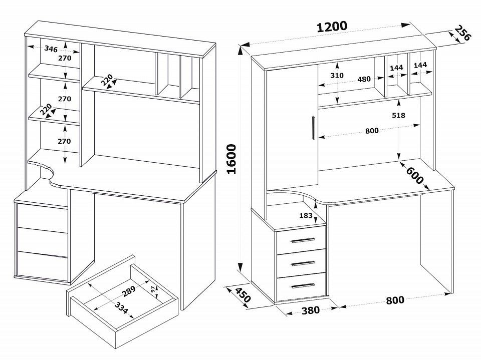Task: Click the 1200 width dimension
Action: (332, 27)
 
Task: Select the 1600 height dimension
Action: (231, 160)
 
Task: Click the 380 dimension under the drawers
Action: (311, 310)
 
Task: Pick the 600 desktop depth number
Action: (415, 175)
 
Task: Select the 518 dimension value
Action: (399, 116)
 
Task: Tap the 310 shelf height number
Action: (337, 76)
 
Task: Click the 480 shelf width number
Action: (364, 79)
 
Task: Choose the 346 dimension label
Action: (51, 49)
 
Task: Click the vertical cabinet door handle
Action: (313, 128)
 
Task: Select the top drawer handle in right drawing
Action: (302, 241)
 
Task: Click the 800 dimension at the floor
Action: (395, 300)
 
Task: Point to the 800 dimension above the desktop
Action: (372, 131)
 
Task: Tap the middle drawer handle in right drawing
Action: (302, 263)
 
